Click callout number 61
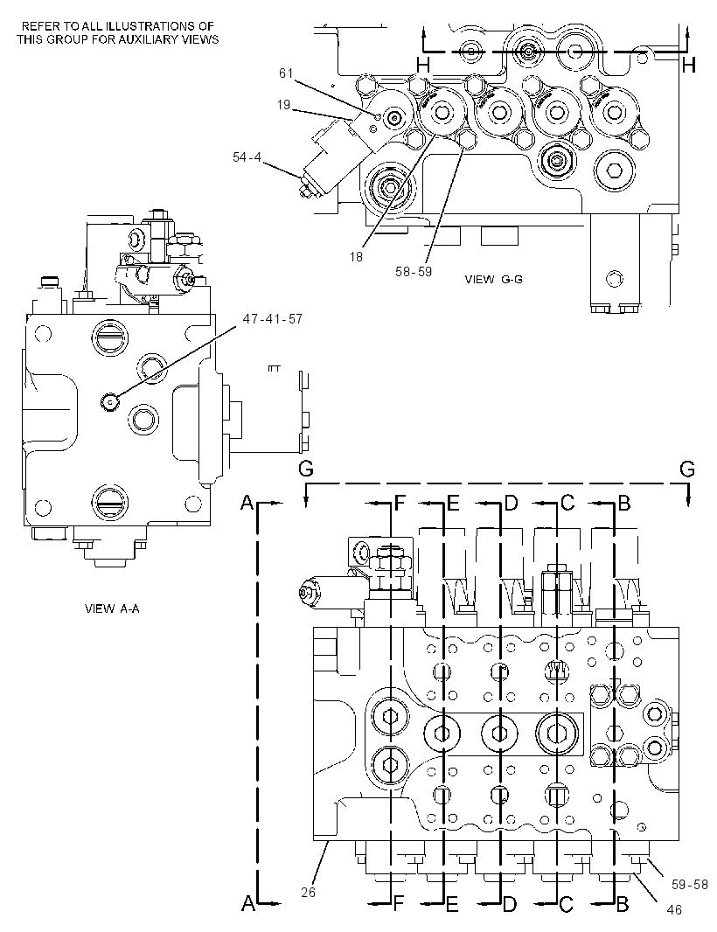(x=286, y=73)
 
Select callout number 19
(x=283, y=105)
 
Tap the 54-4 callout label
(x=247, y=156)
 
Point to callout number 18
(x=356, y=257)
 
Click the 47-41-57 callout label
(x=273, y=319)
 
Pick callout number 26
(x=308, y=892)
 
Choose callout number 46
(x=674, y=909)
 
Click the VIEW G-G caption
(x=493, y=280)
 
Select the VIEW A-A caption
(x=113, y=609)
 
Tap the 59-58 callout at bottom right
(x=690, y=885)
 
